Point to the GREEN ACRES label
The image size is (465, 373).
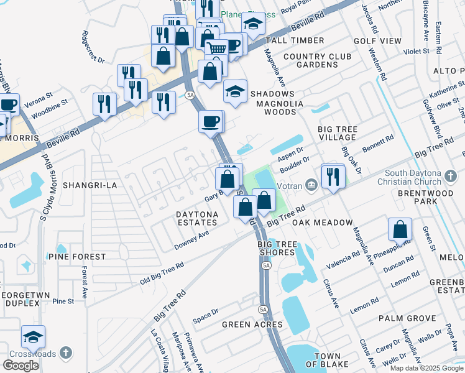pyautogui.click(x=252, y=325)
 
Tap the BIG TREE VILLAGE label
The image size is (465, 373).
pyautogui.click(x=338, y=134)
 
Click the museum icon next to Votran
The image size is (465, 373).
pyautogui.click(x=311, y=184)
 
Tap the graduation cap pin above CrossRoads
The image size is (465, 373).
pyautogui.click(x=33, y=336)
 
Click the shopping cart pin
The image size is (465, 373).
pyautogui.click(x=216, y=48)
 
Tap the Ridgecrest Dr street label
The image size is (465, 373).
pyautogui.click(x=93, y=47)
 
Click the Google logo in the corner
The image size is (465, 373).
pyautogui.click(x=21, y=366)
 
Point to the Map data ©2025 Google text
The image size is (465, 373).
pyautogui.click(x=426, y=368)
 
